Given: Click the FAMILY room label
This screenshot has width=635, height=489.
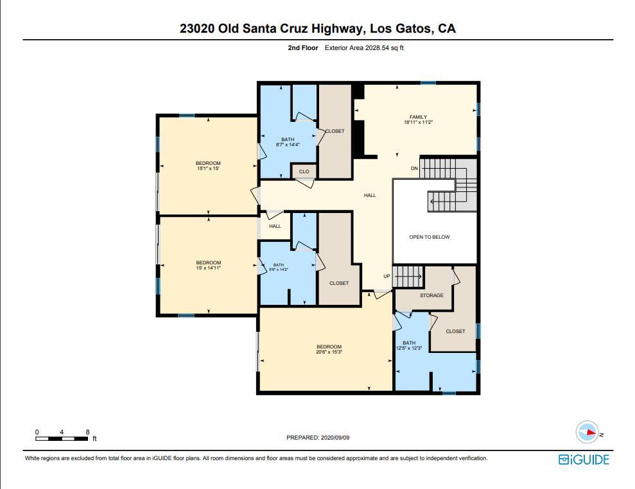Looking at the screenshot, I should click(418, 117).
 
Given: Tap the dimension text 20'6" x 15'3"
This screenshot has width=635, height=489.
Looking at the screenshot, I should click(329, 352).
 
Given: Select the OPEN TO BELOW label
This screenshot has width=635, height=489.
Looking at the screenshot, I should click(430, 237).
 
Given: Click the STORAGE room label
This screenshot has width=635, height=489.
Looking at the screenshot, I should click(431, 295).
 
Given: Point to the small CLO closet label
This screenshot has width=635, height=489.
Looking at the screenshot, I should click(304, 171).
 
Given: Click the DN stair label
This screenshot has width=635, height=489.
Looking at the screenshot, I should click(415, 168).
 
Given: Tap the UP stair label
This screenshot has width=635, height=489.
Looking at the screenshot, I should click(387, 276).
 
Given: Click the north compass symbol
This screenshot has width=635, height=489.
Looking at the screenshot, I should click(587, 433).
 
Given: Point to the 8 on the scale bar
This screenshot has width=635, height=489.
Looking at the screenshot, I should click(87, 432).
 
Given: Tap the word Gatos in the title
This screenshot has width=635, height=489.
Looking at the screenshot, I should click(413, 29).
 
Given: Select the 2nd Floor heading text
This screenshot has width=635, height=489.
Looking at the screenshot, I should click(302, 48).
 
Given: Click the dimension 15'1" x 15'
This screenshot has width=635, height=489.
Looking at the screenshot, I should click(208, 169).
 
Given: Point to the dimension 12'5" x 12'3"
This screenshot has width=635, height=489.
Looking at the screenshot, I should click(408, 348).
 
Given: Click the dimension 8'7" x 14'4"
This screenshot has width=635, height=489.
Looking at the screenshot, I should click(287, 144).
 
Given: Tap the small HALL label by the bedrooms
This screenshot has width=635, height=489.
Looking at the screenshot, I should click(275, 226).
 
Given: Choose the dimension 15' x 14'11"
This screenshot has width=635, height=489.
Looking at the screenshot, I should click(208, 268).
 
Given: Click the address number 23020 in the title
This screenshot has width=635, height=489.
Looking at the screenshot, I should click(197, 29).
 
